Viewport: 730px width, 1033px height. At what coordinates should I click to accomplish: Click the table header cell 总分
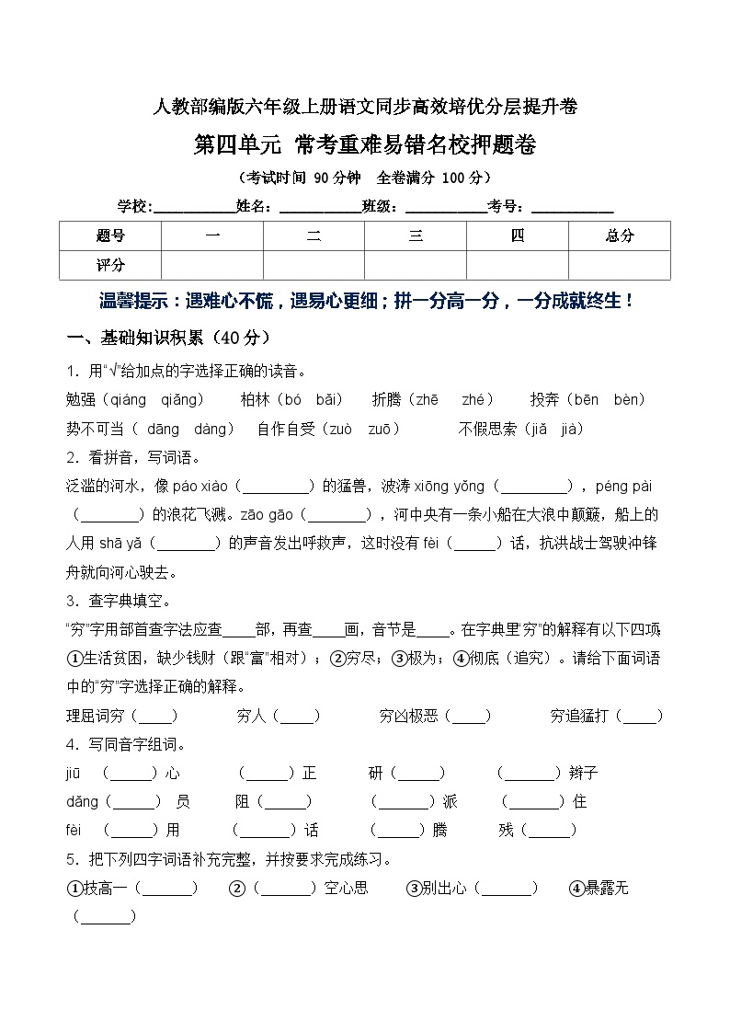click(619, 236)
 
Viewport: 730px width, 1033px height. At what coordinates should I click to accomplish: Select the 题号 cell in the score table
click(109, 236)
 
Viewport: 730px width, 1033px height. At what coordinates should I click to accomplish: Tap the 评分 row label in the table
click(109, 265)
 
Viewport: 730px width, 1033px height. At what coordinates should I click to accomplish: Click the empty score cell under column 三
click(416, 265)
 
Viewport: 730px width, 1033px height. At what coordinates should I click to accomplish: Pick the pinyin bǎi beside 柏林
click(328, 400)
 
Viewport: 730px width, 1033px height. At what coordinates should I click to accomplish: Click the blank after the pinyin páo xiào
click(275, 486)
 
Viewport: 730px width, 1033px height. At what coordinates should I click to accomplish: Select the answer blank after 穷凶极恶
click(472, 716)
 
